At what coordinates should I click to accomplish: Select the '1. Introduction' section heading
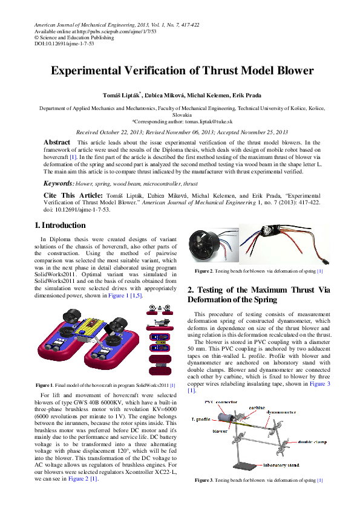click(x=60, y=225)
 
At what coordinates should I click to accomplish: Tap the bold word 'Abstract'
click(x=57, y=142)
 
